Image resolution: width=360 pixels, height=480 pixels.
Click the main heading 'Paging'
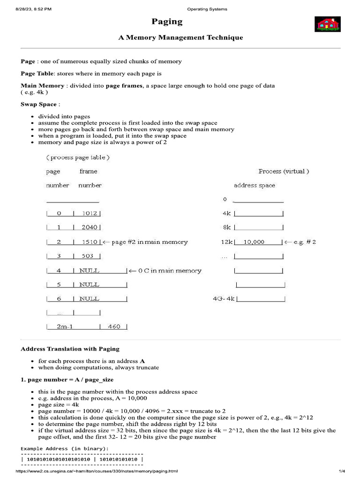167,22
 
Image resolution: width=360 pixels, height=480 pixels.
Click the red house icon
327,24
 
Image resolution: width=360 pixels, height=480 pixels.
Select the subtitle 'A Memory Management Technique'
180,37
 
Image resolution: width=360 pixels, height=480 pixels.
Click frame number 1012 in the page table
89,213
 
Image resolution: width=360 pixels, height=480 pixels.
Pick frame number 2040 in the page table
89,227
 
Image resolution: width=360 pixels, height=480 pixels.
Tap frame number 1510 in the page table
89,242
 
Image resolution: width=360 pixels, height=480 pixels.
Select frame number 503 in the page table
88,256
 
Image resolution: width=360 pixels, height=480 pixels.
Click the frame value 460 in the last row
114,327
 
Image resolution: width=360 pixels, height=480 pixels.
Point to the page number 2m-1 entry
65,327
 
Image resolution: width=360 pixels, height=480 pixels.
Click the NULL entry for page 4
89,270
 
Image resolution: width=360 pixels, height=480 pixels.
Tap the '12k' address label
227,242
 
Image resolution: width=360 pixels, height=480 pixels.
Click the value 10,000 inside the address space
255,242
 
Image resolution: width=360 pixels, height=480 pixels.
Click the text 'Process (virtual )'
284,171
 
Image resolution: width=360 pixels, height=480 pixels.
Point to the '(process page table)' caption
78,157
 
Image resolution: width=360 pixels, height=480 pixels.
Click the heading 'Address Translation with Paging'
70,349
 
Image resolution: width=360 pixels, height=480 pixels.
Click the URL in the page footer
97,471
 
